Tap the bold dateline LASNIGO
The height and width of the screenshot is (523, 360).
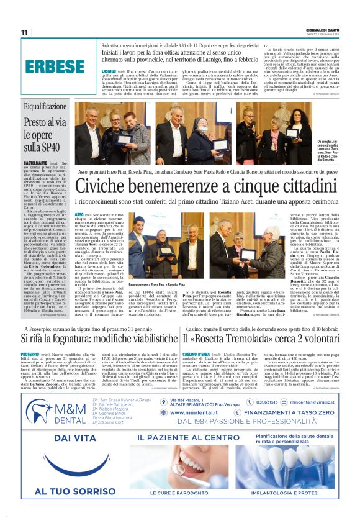point(109,71)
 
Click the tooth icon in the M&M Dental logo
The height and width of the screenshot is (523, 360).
point(40,411)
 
